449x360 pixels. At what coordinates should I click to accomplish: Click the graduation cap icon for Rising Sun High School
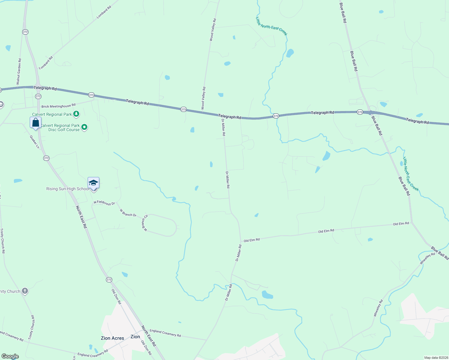pyautogui.click(x=93, y=182)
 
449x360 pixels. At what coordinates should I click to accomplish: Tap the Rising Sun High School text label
pyautogui.click(x=68, y=189)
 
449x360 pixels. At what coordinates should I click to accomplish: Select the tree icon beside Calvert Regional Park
pyautogui.click(x=76, y=114)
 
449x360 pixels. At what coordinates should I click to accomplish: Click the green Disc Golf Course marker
pyautogui.click(x=84, y=127)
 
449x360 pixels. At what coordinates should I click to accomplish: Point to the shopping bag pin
pyautogui.click(x=35, y=123)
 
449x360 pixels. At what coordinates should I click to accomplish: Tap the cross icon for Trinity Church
pyautogui.click(x=25, y=291)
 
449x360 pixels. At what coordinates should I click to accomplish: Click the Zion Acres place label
pyautogui.click(x=112, y=338)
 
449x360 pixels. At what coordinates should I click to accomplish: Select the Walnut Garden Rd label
pyautogui.click(x=19, y=71)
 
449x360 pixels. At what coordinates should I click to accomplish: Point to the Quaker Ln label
pyautogui.click(x=35, y=142)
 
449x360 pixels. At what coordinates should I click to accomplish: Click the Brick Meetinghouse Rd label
pyautogui.click(x=58, y=106)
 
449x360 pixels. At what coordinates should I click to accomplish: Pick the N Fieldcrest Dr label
pyautogui.click(x=104, y=203)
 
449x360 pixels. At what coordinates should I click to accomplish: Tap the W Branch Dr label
pyautogui.click(x=128, y=213)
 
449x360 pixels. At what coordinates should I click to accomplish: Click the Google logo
pyautogui.click(x=10, y=356)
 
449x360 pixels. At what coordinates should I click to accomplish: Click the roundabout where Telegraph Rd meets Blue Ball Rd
pyautogui.click(x=371, y=113)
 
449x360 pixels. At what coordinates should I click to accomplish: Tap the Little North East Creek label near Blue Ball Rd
pyautogui.click(x=411, y=174)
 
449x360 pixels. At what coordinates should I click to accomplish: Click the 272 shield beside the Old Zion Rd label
pyautogui.click(x=109, y=280)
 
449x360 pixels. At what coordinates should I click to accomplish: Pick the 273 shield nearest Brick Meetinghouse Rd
pyautogui.click(x=91, y=95)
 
